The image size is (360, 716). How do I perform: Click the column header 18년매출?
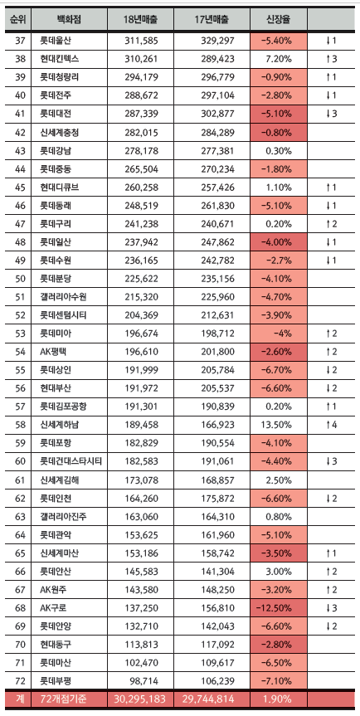[140, 19]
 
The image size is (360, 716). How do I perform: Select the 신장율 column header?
[279, 19]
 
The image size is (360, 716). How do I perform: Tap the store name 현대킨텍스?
[59, 59]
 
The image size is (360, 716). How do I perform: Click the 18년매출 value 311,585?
[141, 41]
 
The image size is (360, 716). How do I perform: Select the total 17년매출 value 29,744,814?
[208, 699]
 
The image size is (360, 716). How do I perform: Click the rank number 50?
[20, 279]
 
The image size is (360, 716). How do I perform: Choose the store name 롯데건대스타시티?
[71, 461]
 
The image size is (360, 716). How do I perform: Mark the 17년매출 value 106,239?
[217, 681]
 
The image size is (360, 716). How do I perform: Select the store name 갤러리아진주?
[63, 516]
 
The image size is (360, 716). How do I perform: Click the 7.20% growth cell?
[279, 59]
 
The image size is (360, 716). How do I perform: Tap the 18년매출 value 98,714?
[144, 681]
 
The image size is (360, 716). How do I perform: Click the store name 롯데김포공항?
[63, 407]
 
